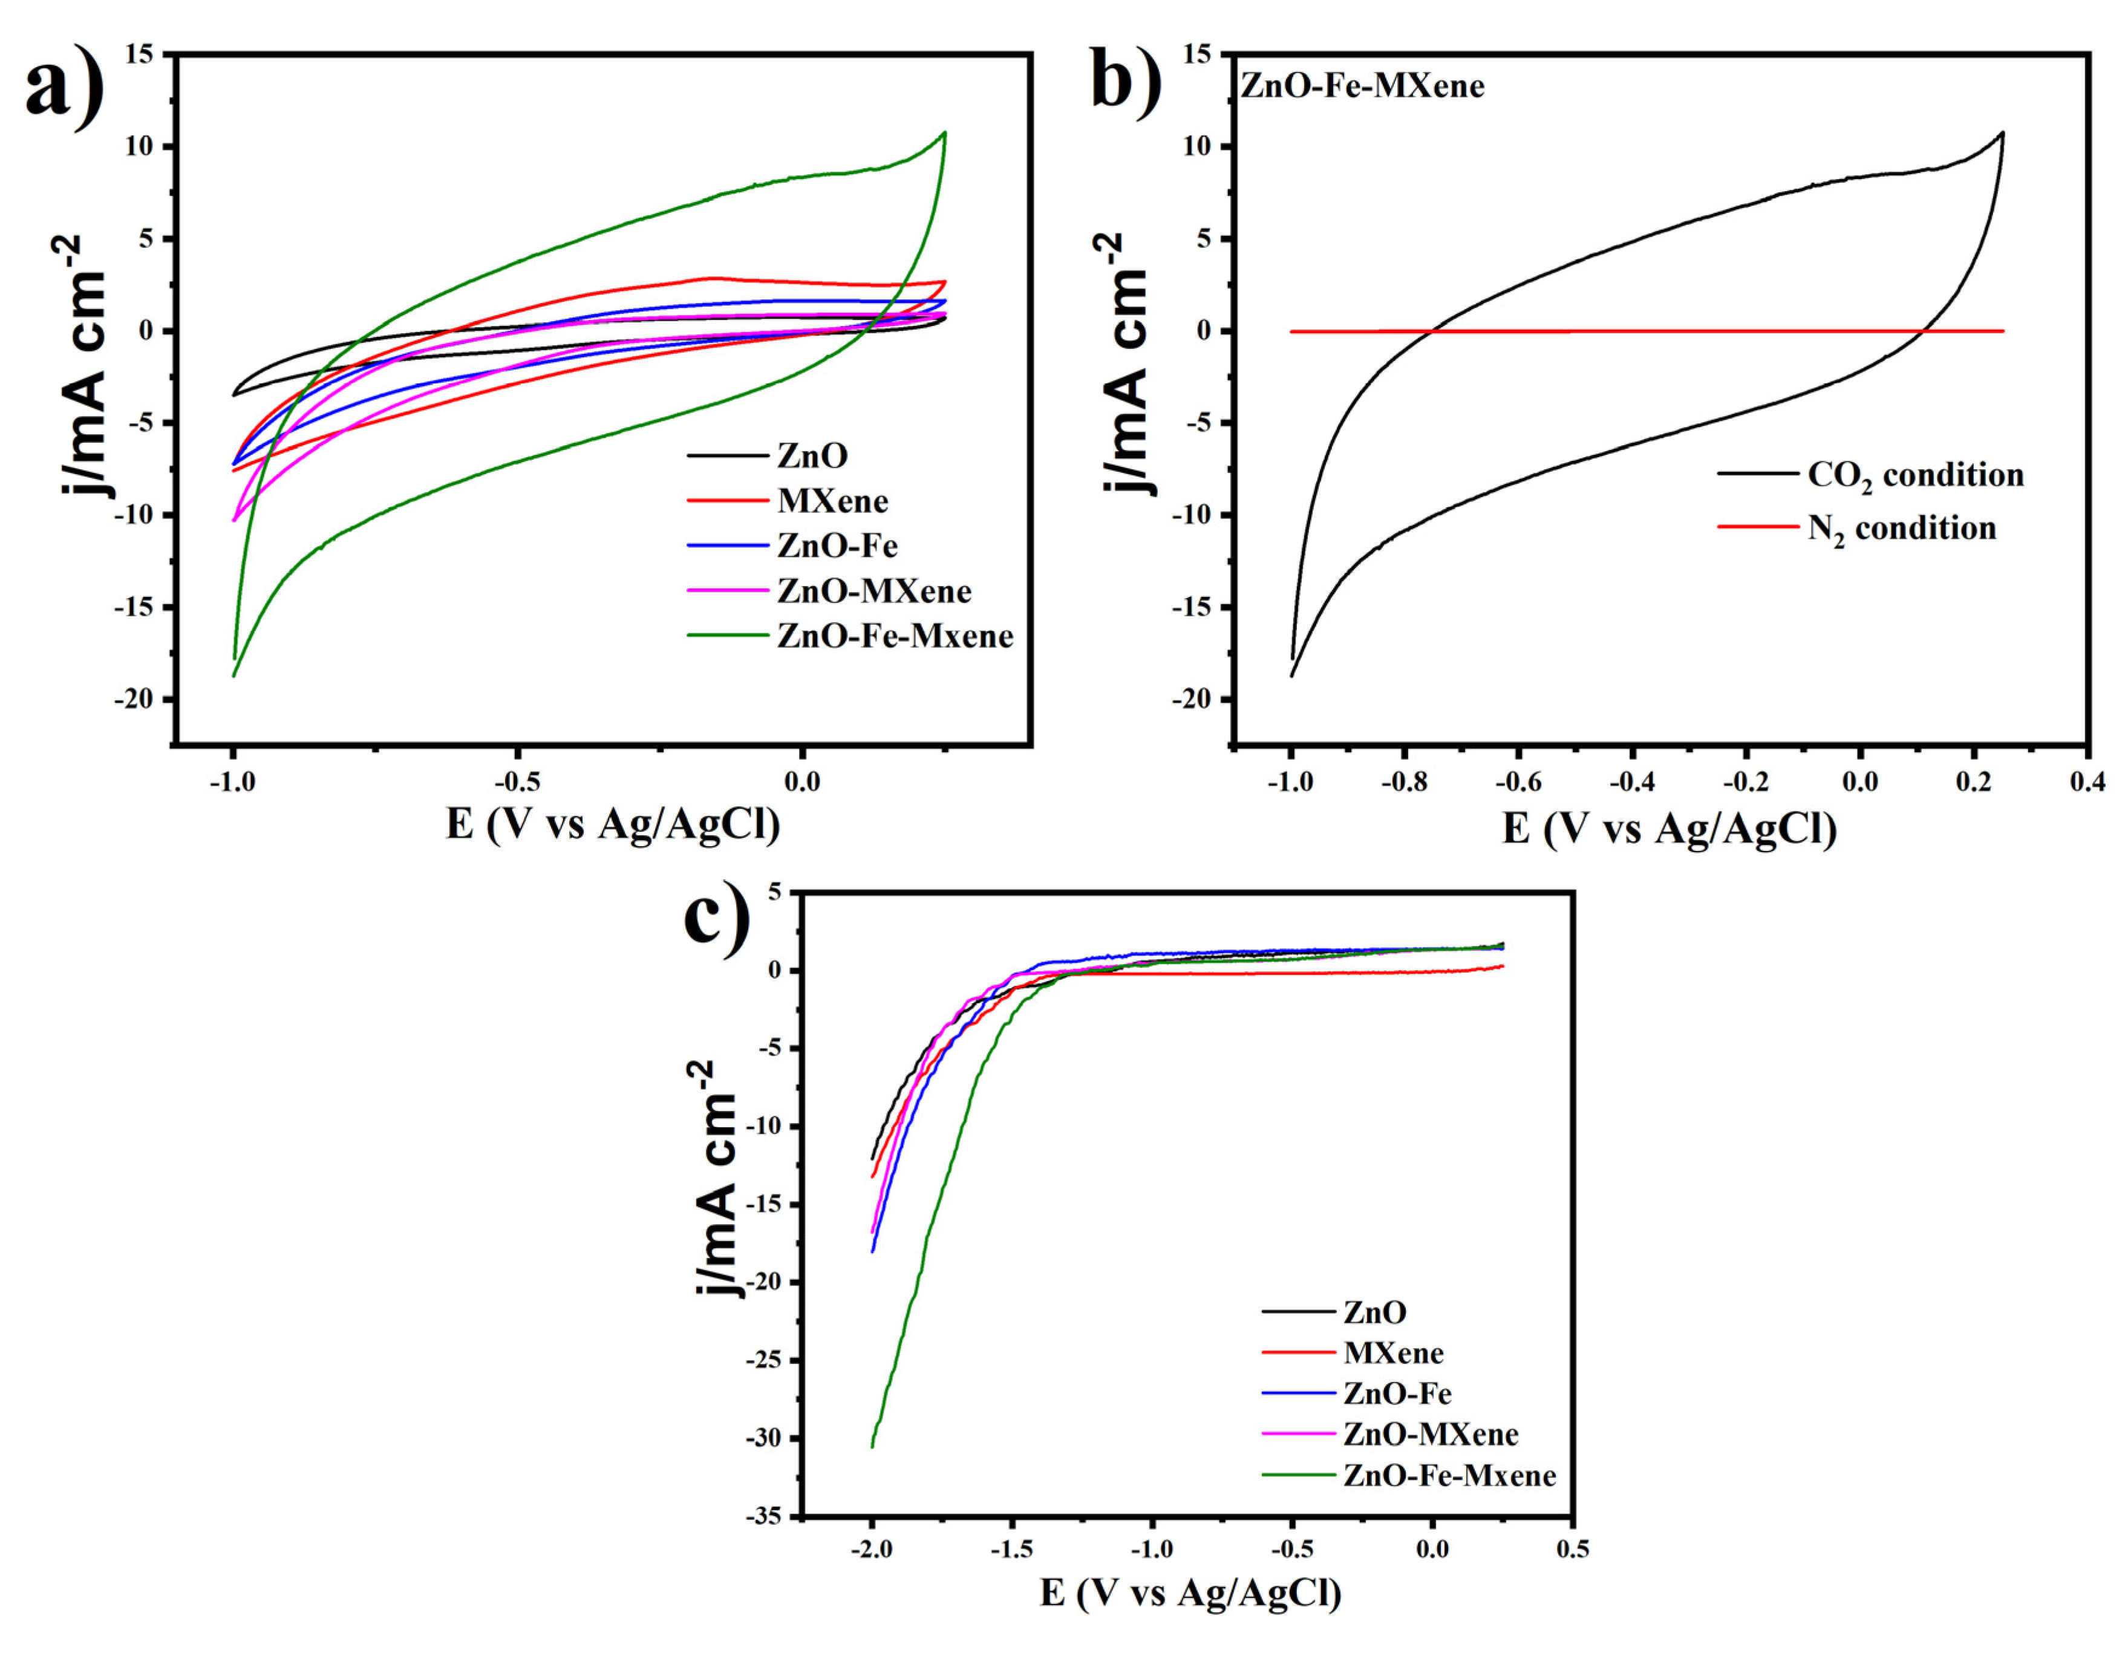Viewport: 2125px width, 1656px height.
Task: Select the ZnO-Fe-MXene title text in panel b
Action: (1362, 86)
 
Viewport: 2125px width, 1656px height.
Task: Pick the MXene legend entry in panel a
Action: (832, 501)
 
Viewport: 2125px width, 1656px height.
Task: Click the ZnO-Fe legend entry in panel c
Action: (1397, 1394)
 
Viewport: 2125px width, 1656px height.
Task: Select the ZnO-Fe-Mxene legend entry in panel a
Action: (894, 636)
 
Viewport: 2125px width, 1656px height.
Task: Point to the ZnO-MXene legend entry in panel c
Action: (1431, 1434)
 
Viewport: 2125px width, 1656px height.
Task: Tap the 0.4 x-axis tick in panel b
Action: (2087, 782)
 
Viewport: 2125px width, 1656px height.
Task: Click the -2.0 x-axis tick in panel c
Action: (871, 1548)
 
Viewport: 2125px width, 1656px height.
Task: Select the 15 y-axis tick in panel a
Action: (139, 54)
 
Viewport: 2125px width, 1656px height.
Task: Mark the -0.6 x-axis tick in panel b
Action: (1518, 782)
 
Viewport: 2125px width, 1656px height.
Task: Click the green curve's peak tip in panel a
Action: (944, 132)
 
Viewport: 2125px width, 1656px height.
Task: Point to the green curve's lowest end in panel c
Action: (872, 1447)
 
